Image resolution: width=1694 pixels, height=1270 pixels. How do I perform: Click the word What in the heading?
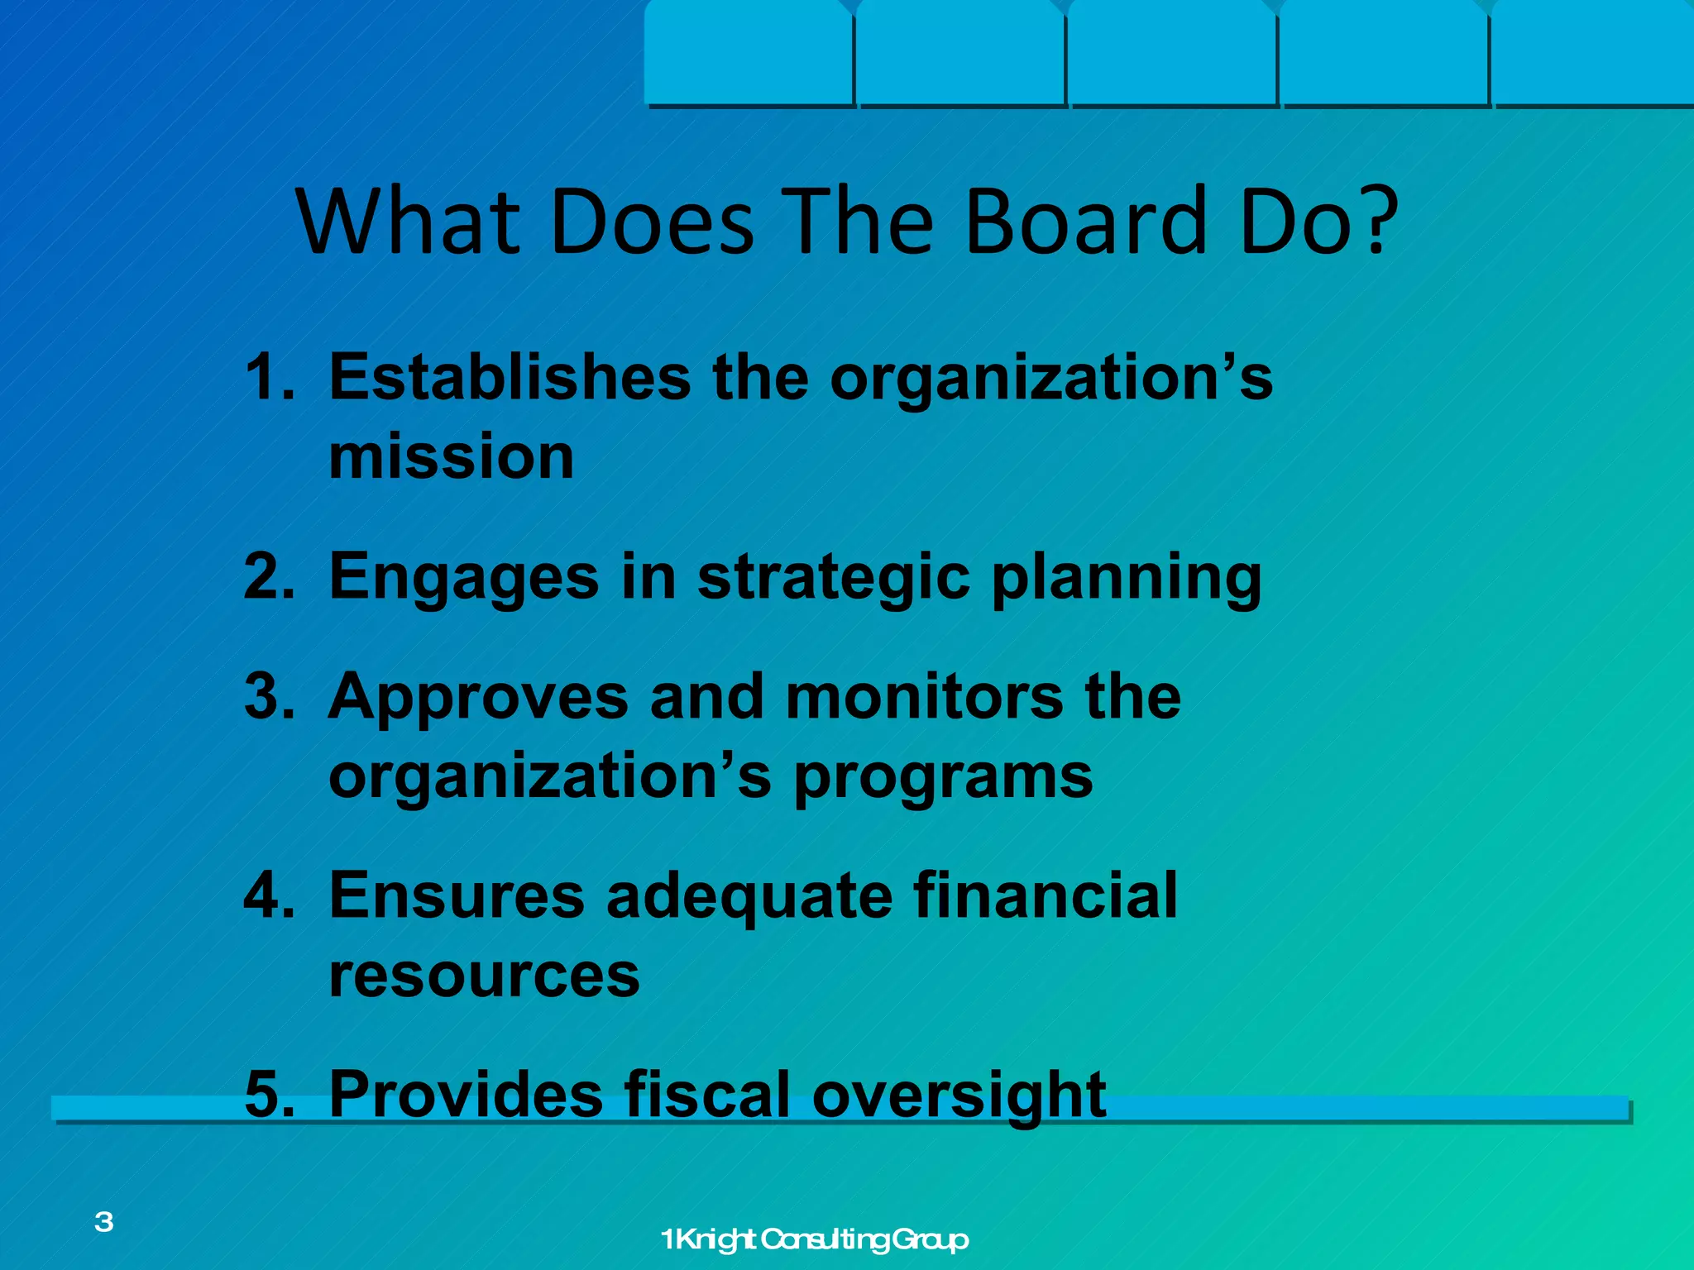tap(409, 222)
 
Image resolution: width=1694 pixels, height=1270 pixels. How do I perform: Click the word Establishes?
tap(510, 378)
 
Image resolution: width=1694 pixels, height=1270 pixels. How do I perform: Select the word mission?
tap(451, 456)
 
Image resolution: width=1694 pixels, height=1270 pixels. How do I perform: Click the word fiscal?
tap(707, 1094)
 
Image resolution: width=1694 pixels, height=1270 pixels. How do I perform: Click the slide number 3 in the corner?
tap(104, 1221)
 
